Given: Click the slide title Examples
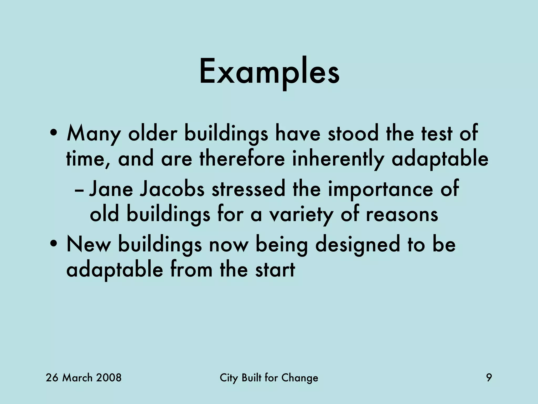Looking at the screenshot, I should coord(269,72).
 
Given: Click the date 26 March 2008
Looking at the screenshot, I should coord(84,378).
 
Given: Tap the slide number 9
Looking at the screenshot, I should coord(489,378).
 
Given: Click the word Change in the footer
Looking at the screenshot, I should coord(299,378).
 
